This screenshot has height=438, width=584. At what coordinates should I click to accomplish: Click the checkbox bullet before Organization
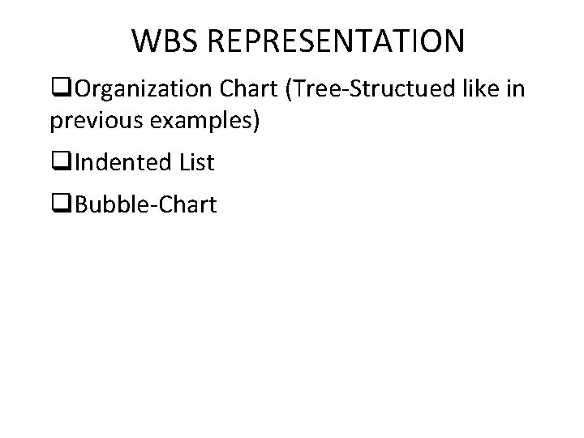(x=57, y=88)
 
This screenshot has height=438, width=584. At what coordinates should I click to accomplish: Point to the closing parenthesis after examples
(x=257, y=121)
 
